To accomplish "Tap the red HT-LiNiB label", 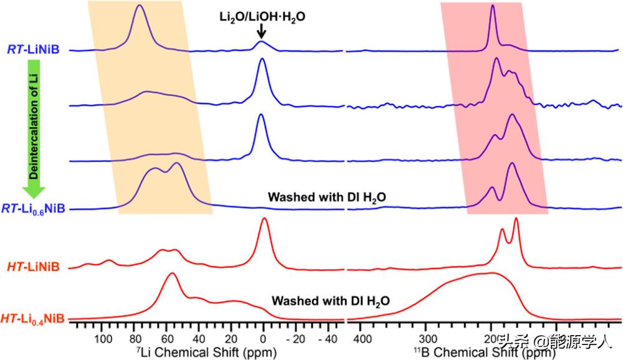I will (33, 267).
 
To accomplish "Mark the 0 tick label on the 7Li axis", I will (264, 339).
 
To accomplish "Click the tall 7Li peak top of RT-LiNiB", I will (140, 6).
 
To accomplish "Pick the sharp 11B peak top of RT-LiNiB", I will (493, 6).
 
